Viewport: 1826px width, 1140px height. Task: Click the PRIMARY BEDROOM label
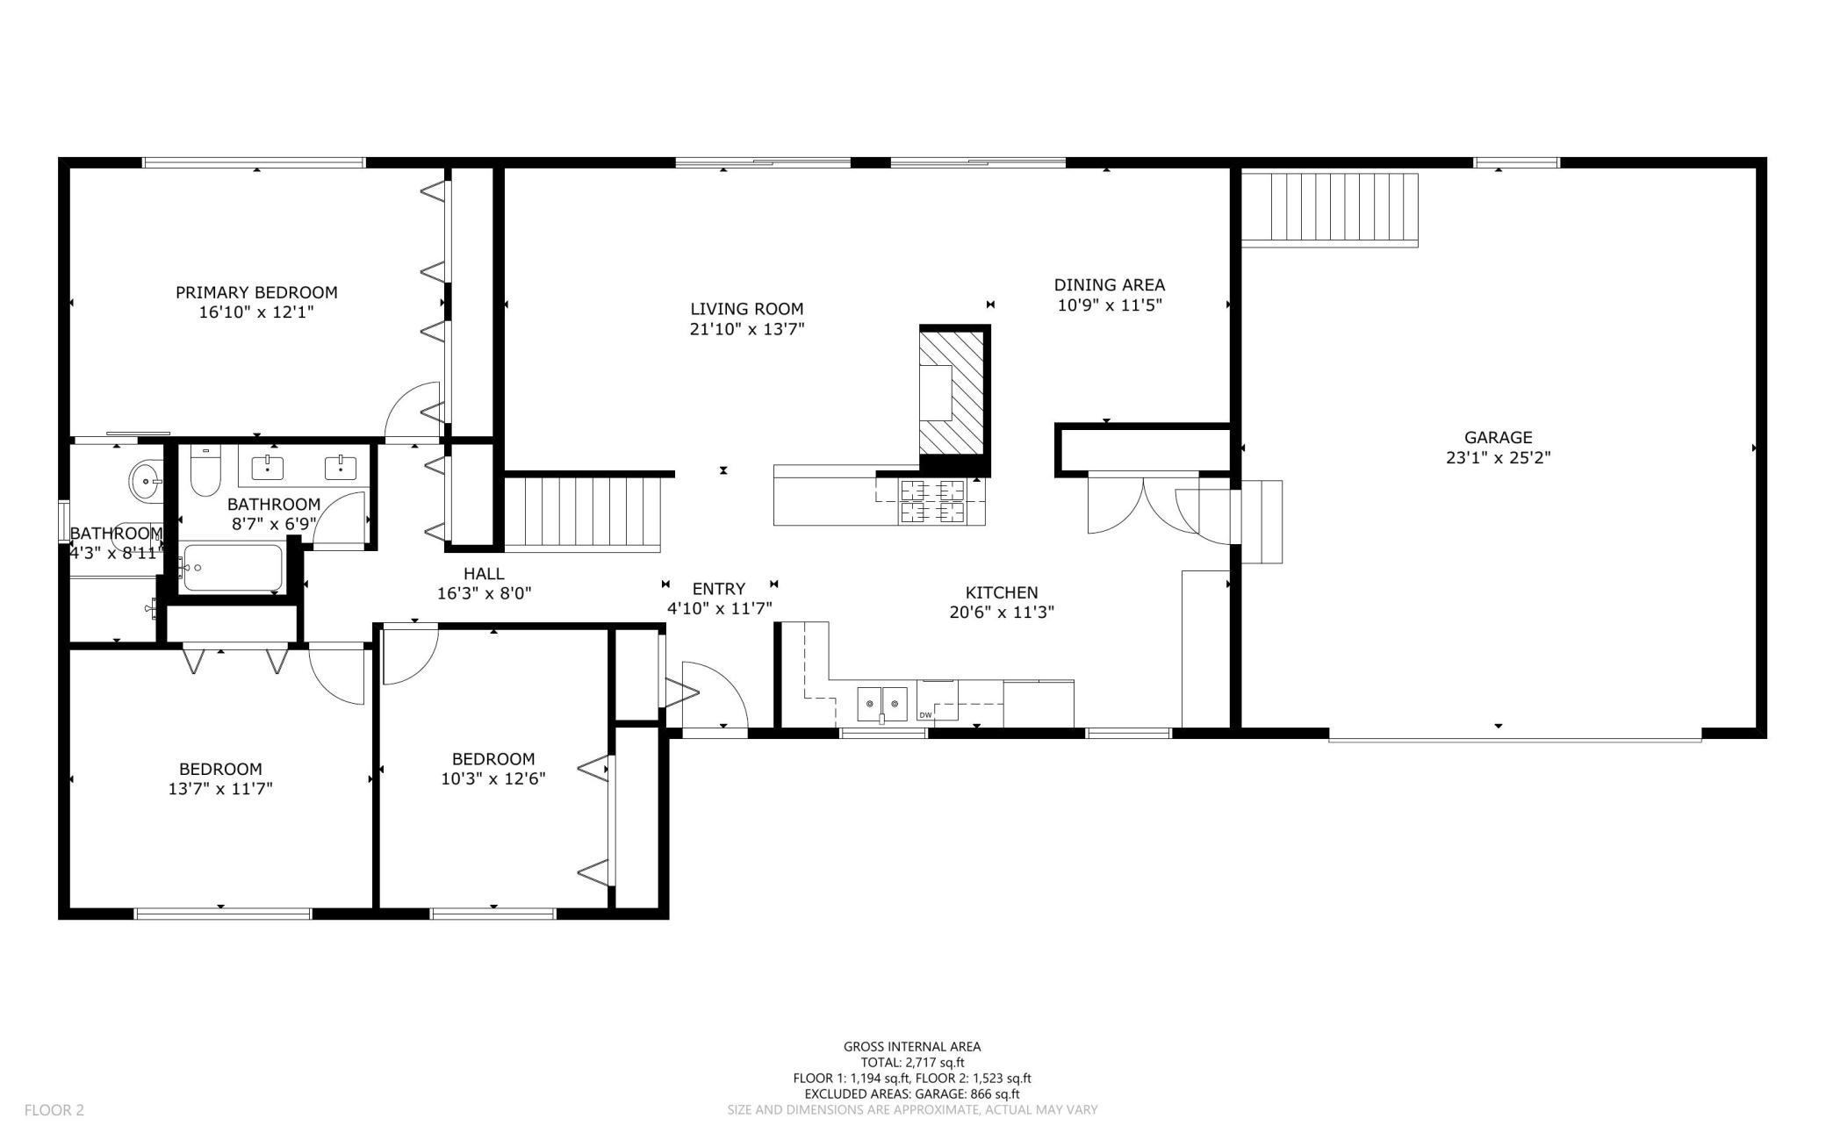coord(256,292)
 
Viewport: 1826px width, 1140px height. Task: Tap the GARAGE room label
coord(1498,437)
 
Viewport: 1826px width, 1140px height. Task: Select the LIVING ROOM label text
coord(746,309)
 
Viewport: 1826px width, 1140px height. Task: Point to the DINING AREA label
coord(1110,284)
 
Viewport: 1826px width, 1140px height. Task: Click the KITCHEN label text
coord(1002,592)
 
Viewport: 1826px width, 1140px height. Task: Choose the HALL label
coord(484,573)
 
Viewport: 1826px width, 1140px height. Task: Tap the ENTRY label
coord(719,589)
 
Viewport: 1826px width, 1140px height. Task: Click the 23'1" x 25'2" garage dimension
coord(1498,458)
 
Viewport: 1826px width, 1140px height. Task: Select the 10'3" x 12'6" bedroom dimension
coord(493,779)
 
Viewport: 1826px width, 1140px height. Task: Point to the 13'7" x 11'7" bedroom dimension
coord(220,789)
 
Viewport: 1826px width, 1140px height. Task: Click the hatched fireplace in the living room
coord(953,391)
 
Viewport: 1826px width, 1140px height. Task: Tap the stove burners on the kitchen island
coord(931,502)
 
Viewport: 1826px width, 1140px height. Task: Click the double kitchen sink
coord(882,702)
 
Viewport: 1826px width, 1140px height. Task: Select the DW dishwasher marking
coord(924,715)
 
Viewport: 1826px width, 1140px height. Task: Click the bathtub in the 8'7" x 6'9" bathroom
coord(232,568)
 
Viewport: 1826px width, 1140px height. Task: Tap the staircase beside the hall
coord(582,513)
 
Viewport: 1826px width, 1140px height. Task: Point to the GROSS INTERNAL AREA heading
coord(912,1046)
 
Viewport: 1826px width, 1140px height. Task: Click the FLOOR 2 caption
coord(54,1110)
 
